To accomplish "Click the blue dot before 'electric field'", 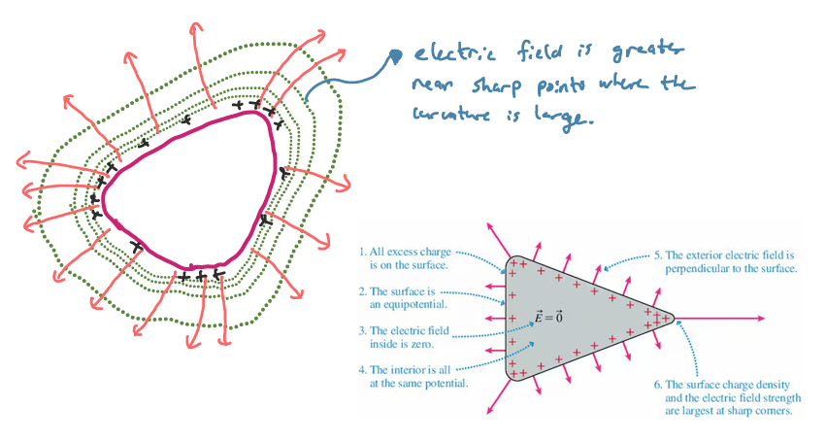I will click(x=394, y=56).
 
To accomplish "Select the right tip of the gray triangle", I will click(x=672, y=317).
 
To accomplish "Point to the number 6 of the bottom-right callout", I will click(x=657, y=383).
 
